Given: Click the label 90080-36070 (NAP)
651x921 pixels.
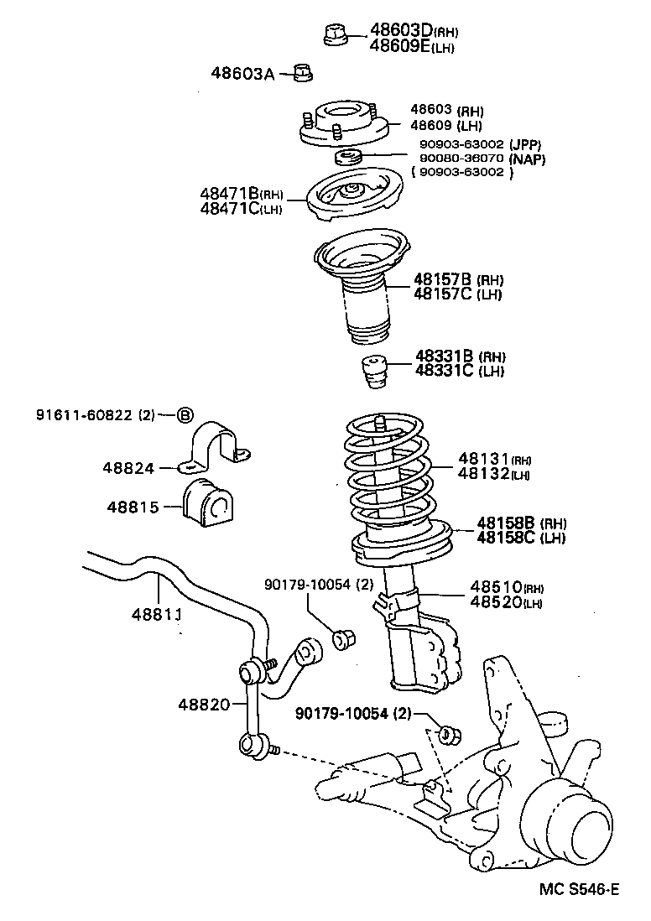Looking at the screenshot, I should tap(474, 158).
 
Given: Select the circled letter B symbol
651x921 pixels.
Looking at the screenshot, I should tap(185, 414).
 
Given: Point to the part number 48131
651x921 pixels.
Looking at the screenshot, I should tap(484, 460).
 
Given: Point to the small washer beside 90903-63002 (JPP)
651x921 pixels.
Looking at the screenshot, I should tap(348, 157).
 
